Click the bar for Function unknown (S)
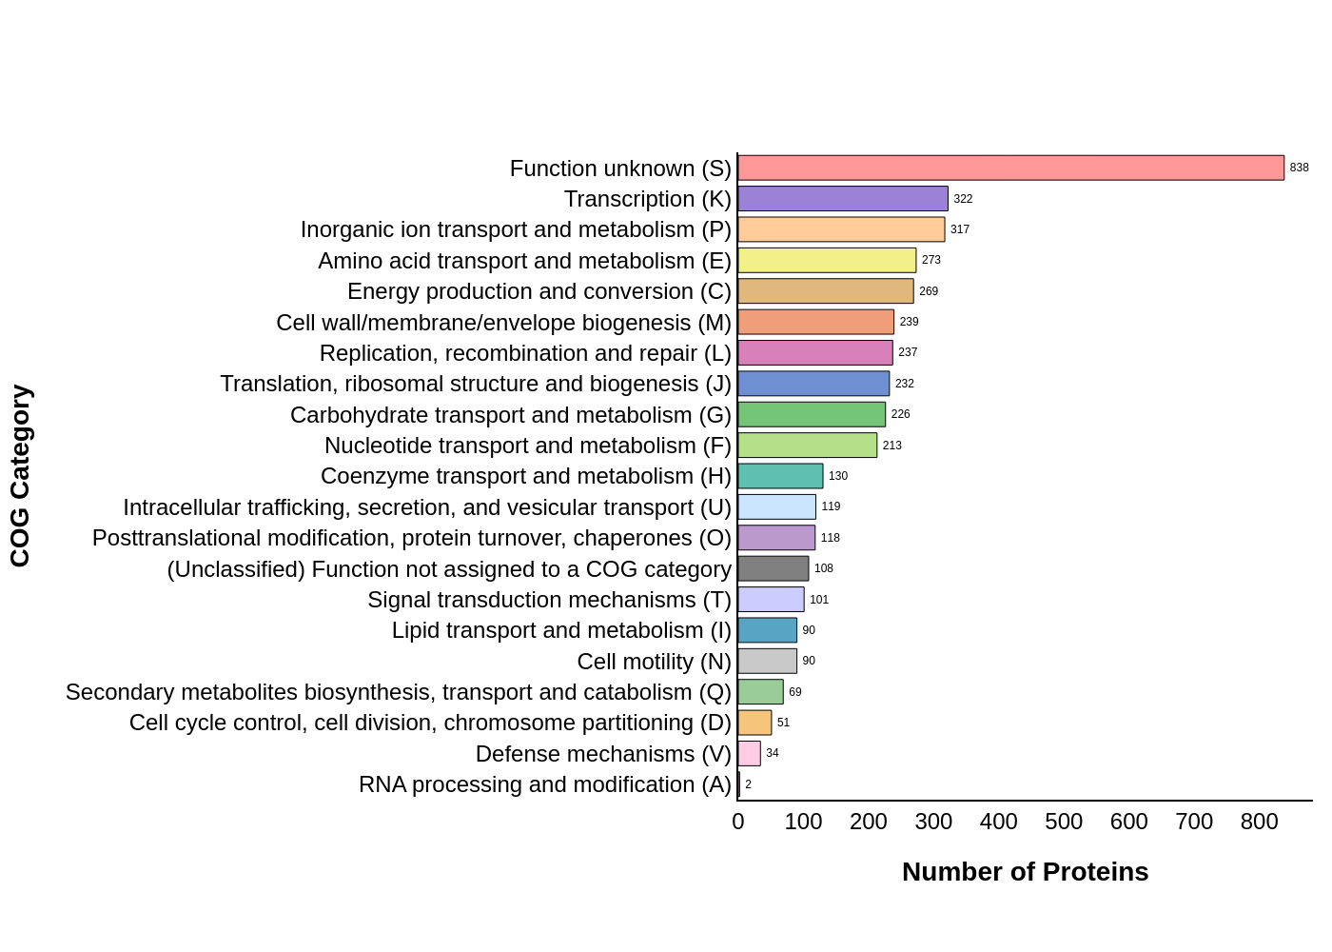pos(1010,169)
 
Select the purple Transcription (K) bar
pos(843,199)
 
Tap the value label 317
pos(959,229)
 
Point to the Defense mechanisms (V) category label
pos(603,754)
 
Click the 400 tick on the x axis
pos(998,822)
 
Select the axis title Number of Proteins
pos(1025,872)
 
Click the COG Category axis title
pos(21,476)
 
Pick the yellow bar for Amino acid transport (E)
pos(827,261)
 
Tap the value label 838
pos(1299,169)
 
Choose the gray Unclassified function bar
pos(773,568)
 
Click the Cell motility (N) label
pos(654,662)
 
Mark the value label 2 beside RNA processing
pos(748,784)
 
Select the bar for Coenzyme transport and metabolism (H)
pos(780,476)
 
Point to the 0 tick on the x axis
pos(738,822)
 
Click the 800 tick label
pos(1259,822)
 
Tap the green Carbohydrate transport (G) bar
pos(812,415)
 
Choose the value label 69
pos(794,692)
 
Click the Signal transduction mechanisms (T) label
pos(549,600)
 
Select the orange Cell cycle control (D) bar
pos(754,723)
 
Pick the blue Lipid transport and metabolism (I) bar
pos(767,630)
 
